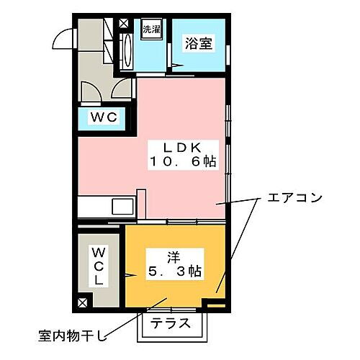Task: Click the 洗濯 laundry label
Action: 150,30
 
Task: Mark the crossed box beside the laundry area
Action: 123,23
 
